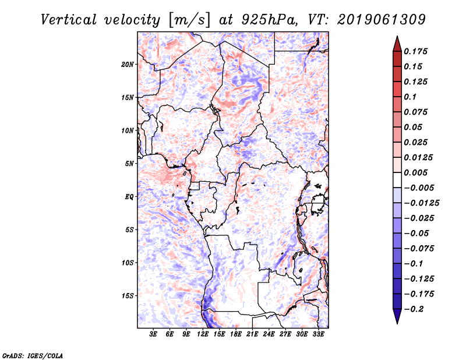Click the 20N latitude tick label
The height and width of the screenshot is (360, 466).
tap(128, 64)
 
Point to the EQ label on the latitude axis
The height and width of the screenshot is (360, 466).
tap(129, 196)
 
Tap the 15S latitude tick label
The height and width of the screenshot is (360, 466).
tap(128, 296)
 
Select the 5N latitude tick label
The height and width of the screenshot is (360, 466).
tap(129, 164)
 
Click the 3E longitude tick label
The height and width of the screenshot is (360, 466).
tap(153, 334)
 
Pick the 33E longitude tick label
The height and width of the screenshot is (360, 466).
tap(318, 334)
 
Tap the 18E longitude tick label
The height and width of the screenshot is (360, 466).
tap(236, 334)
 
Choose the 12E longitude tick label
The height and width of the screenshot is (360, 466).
tap(203, 334)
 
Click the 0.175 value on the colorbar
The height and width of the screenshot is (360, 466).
tap(415, 51)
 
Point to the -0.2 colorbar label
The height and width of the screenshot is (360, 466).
tap(414, 309)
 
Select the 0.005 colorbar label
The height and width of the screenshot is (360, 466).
tap(415, 172)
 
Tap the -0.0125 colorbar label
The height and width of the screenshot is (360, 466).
tap(421, 203)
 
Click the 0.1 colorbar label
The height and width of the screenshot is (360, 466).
tap(410, 97)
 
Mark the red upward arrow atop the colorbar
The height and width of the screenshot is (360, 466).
tap(397, 44)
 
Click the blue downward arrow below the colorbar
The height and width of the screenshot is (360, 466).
tap(397, 316)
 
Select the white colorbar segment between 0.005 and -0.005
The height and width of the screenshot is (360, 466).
tap(397, 180)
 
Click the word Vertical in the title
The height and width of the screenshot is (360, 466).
tap(69, 20)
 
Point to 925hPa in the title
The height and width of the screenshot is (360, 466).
tap(269, 20)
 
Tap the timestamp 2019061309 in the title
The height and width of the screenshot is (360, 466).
tap(382, 20)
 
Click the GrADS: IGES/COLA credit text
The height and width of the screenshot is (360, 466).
tap(33, 355)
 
